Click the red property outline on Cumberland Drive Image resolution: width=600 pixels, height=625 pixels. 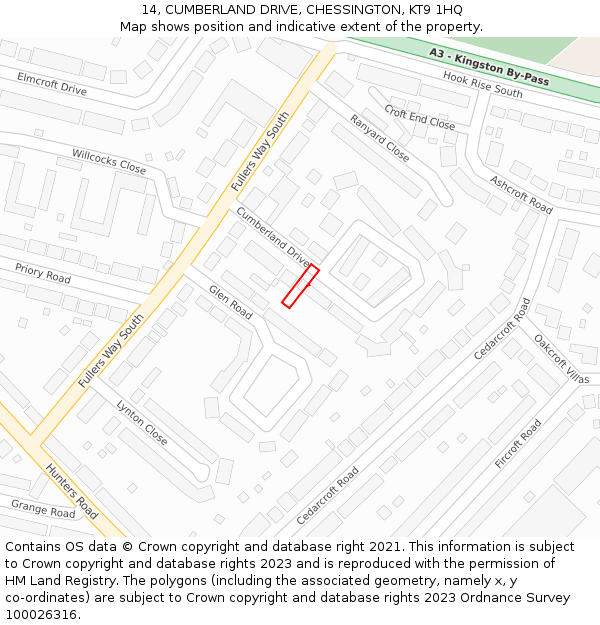click(x=300, y=286)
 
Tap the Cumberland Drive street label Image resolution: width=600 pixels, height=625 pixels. click(x=273, y=237)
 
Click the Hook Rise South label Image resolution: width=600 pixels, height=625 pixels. click(x=483, y=85)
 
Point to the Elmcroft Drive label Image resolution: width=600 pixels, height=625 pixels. click(x=52, y=83)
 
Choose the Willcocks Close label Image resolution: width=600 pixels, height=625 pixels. click(x=109, y=161)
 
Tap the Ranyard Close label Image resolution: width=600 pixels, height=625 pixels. click(x=379, y=138)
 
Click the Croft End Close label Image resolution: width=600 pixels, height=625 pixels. click(x=419, y=118)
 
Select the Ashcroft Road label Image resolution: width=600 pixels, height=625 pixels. click(x=521, y=194)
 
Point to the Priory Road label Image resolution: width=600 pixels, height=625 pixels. click(x=43, y=272)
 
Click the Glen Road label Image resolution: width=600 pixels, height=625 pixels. click(x=230, y=302)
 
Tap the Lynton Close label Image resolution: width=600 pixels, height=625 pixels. click(x=142, y=422)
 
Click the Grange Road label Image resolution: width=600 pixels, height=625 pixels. click(x=43, y=509)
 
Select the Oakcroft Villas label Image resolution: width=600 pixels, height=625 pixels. click(x=561, y=358)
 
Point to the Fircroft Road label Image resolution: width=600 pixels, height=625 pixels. click(x=517, y=444)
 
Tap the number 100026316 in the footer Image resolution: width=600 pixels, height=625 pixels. click(x=42, y=614)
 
